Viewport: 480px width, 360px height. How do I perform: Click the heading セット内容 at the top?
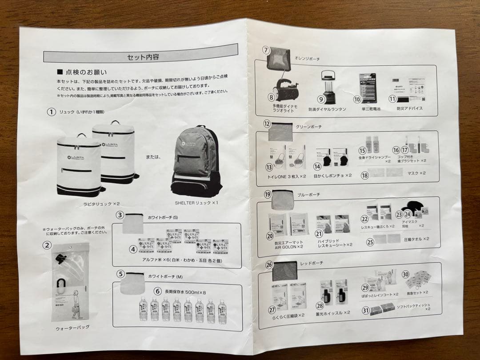coord(143,57)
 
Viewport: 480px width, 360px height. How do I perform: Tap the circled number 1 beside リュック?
coord(51,112)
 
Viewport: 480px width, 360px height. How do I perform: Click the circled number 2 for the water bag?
coord(47,245)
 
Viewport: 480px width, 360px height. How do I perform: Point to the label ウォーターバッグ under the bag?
coord(72,327)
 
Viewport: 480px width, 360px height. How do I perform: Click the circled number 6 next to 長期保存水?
coord(158,291)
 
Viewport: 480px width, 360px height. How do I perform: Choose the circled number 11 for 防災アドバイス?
coord(392,99)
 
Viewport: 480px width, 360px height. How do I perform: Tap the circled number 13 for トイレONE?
coord(268,167)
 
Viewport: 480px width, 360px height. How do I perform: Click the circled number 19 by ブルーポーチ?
coord(268,194)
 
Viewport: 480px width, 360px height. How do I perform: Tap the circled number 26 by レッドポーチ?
coord(269,264)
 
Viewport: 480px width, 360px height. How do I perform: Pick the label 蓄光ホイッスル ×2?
coord(333,312)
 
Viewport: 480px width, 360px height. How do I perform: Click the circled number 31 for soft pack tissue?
coord(365,311)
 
